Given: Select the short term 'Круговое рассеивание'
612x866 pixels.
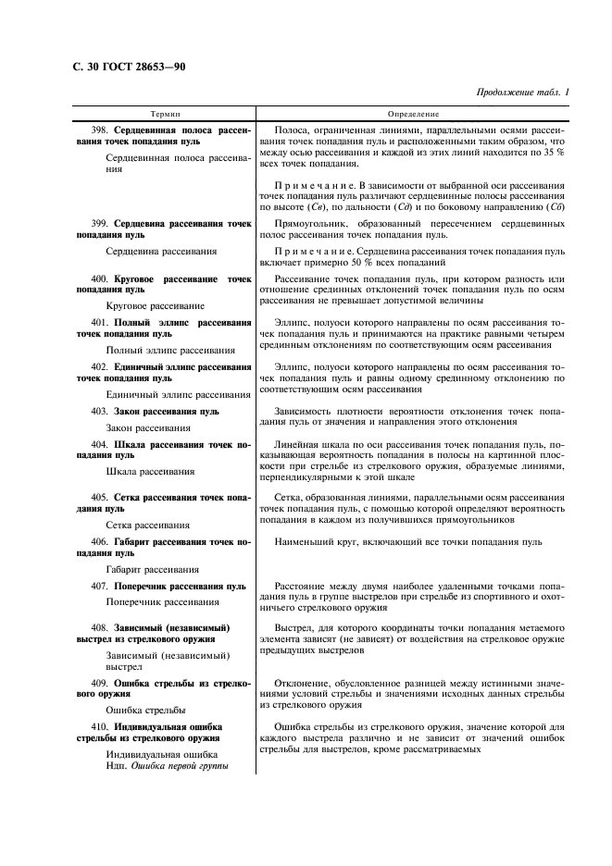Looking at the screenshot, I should pos(156,304).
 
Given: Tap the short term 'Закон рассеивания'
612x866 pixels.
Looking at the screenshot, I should pos(148,427).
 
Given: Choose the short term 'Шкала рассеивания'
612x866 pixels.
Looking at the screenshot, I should pos(150,472).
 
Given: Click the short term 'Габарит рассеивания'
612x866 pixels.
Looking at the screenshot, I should pos(153,569).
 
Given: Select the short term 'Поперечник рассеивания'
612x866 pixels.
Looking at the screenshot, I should pos(162,602).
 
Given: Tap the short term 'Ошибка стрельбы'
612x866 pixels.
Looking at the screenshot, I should pos(145,711).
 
